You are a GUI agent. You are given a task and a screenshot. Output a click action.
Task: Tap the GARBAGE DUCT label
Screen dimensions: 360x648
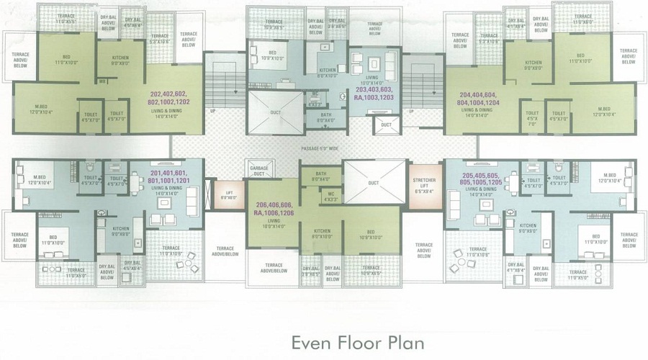(258, 171)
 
